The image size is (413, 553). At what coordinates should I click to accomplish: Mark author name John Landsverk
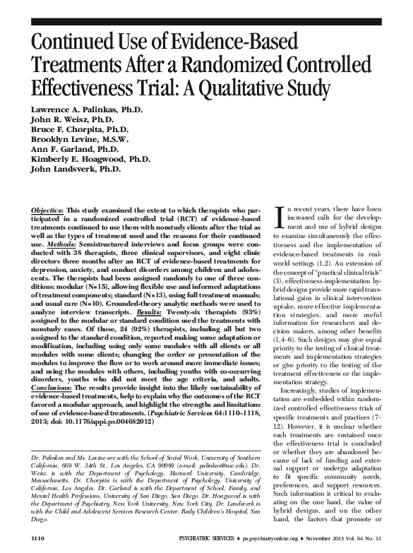tap(66, 170)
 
